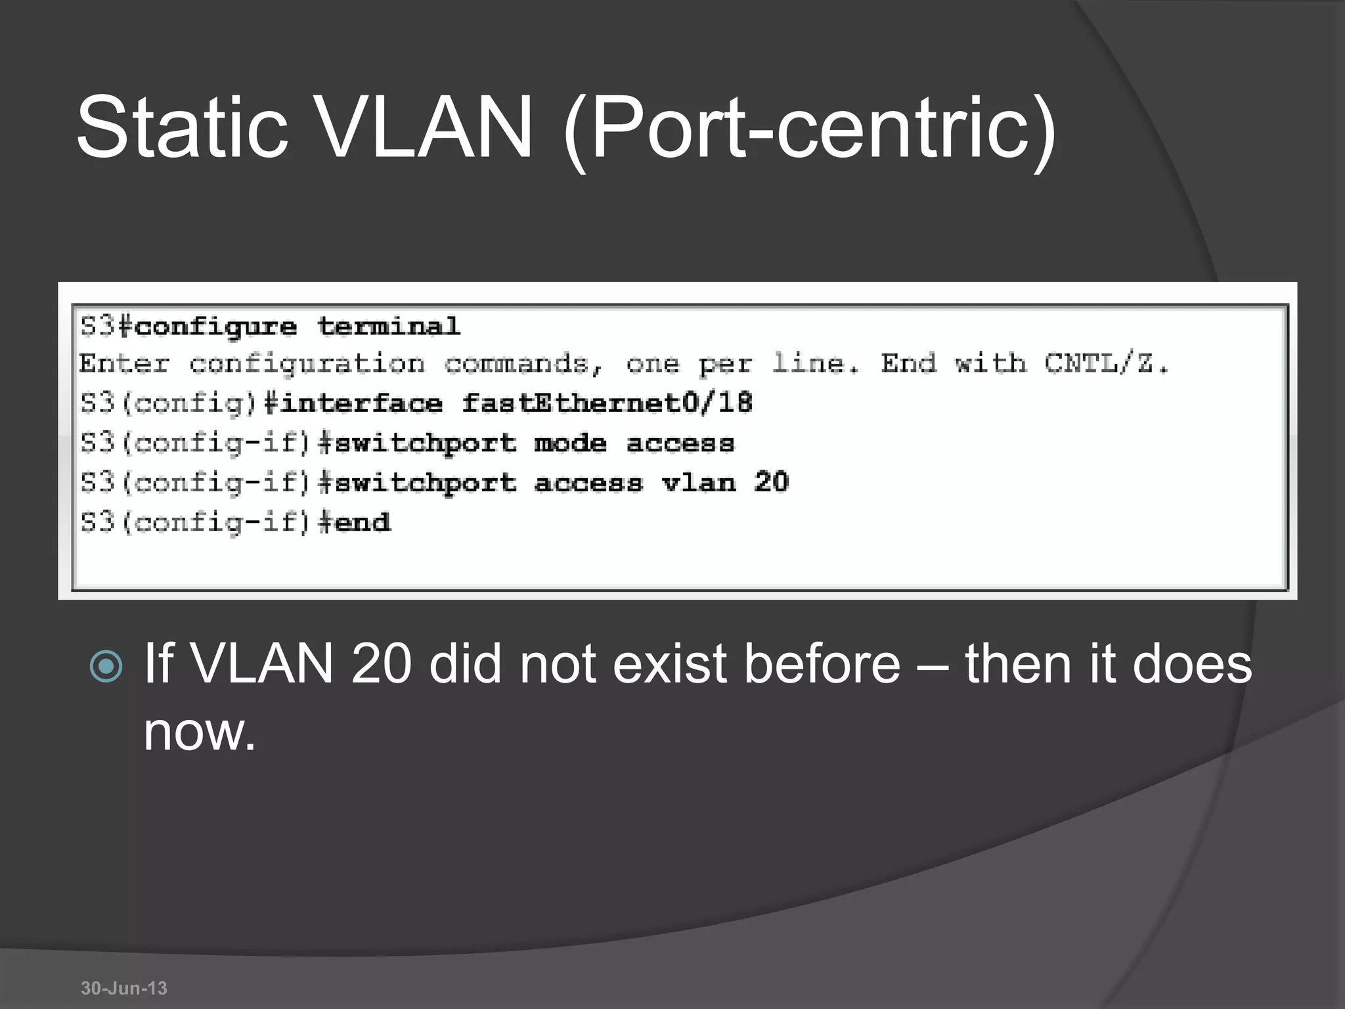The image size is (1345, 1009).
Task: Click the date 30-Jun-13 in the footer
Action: coord(124,988)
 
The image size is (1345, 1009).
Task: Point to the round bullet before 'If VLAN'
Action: coord(106,667)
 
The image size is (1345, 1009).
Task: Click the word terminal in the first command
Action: coord(389,326)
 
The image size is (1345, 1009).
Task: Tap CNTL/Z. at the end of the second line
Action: coord(1106,363)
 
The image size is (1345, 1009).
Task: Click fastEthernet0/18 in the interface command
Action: coord(606,403)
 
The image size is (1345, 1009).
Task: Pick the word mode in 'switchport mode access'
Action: coord(570,443)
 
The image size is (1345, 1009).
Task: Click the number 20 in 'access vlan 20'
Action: coord(771,483)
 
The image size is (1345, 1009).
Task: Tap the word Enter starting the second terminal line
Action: coord(124,363)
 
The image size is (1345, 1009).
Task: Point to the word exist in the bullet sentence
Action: coord(669,663)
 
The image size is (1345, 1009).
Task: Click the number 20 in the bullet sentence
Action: coord(381,663)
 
